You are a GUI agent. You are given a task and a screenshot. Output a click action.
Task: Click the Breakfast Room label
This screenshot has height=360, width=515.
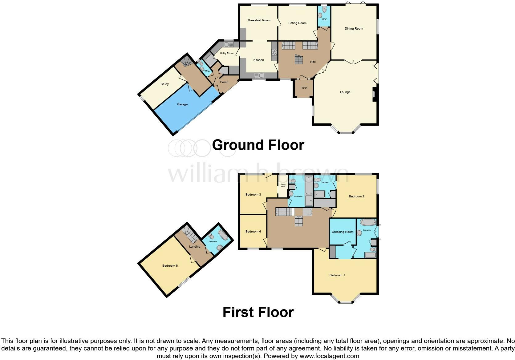coord(259,20)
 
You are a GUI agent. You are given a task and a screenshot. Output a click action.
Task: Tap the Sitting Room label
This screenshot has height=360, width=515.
coord(297,23)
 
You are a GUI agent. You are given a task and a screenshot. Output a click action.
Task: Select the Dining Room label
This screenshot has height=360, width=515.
coord(354,29)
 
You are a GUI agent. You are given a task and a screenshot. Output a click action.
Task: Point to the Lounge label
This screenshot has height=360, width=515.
coord(345,92)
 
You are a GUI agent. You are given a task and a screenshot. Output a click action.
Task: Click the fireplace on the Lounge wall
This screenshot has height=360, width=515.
coord(374,94)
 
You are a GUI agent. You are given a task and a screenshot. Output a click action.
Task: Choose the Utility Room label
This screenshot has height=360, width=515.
coord(227,54)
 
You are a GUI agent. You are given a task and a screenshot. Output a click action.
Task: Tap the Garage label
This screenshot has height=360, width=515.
coord(182,104)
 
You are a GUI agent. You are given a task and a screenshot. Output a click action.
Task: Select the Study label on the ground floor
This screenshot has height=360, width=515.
coord(164,84)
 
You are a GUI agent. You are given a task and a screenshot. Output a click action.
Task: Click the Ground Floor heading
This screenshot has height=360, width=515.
coord(258,145)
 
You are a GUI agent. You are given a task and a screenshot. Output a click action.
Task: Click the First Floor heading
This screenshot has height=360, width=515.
coord(258,312)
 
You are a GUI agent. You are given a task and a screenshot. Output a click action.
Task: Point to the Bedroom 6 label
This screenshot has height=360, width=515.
coord(170,266)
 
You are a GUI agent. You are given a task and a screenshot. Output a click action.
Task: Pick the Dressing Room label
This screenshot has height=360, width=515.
coord(342,232)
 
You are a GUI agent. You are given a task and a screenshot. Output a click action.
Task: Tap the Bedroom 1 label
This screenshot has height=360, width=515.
coord(337,275)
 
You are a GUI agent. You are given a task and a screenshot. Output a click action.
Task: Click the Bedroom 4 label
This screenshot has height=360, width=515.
coord(253,232)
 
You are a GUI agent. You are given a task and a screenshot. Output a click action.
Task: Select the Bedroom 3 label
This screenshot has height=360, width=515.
coord(253,195)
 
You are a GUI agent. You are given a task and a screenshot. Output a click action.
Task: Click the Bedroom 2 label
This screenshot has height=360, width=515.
coord(356,196)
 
